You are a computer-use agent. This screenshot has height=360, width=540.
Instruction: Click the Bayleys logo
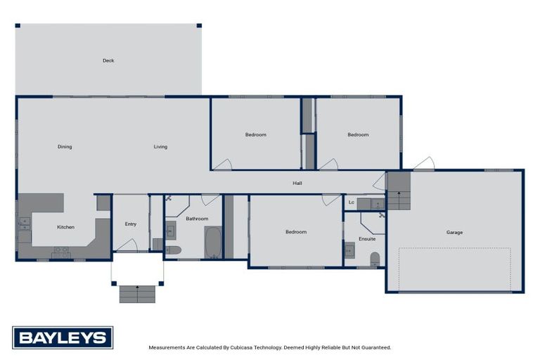click(62, 337)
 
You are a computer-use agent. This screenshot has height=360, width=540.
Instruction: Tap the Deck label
click(108, 60)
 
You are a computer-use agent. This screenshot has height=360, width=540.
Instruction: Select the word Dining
click(65, 147)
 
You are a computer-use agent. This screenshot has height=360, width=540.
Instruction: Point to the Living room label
click(160, 147)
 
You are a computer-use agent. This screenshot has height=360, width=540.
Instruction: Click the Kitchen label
click(65, 227)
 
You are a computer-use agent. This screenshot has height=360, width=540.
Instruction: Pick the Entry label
click(131, 224)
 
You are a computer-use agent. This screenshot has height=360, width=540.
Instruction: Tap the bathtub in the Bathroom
click(212, 243)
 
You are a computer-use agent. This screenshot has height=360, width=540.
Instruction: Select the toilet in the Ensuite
click(375, 258)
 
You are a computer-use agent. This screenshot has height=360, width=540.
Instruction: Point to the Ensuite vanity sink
click(349, 250)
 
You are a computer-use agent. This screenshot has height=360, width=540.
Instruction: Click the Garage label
click(454, 232)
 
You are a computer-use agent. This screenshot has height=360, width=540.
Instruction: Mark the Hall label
click(297, 184)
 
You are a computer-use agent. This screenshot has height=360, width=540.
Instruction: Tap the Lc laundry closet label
click(351, 202)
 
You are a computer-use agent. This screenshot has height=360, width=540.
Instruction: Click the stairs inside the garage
click(398, 191)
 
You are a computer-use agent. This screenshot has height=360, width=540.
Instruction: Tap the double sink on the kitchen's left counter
click(25, 224)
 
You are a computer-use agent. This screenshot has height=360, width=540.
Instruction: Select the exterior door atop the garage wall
click(423, 164)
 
